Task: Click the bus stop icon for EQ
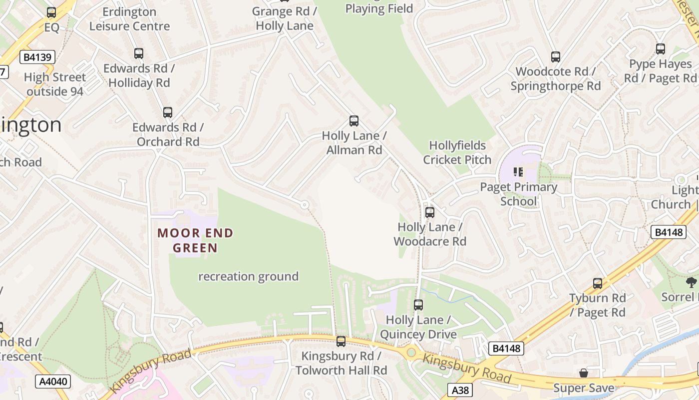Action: [x=51, y=12]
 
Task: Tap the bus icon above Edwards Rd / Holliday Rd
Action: [x=139, y=53]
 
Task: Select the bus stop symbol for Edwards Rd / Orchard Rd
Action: [x=168, y=112]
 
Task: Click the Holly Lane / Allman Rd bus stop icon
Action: [x=354, y=121]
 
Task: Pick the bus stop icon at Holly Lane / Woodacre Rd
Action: [x=430, y=212]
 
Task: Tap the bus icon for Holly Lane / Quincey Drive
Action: [x=418, y=305]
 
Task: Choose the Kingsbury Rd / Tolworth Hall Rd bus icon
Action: [x=341, y=341]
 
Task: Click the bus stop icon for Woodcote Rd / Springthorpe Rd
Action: [x=556, y=57]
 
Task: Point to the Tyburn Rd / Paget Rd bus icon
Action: [x=598, y=283]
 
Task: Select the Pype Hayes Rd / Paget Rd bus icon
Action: [x=661, y=49]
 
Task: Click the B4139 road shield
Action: [x=37, y=57]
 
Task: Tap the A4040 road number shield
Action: [x=53, y=382]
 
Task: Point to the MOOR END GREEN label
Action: [x=195, y=240]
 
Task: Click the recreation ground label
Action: [x=248, y=276]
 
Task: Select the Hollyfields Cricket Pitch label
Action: [x=457, y=152]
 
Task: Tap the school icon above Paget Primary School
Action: [x=518, y=172]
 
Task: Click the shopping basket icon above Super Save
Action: [x=583, y=373]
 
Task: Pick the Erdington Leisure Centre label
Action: [x=129, y=19]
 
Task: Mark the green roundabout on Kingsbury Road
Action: [x=411, y=352]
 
